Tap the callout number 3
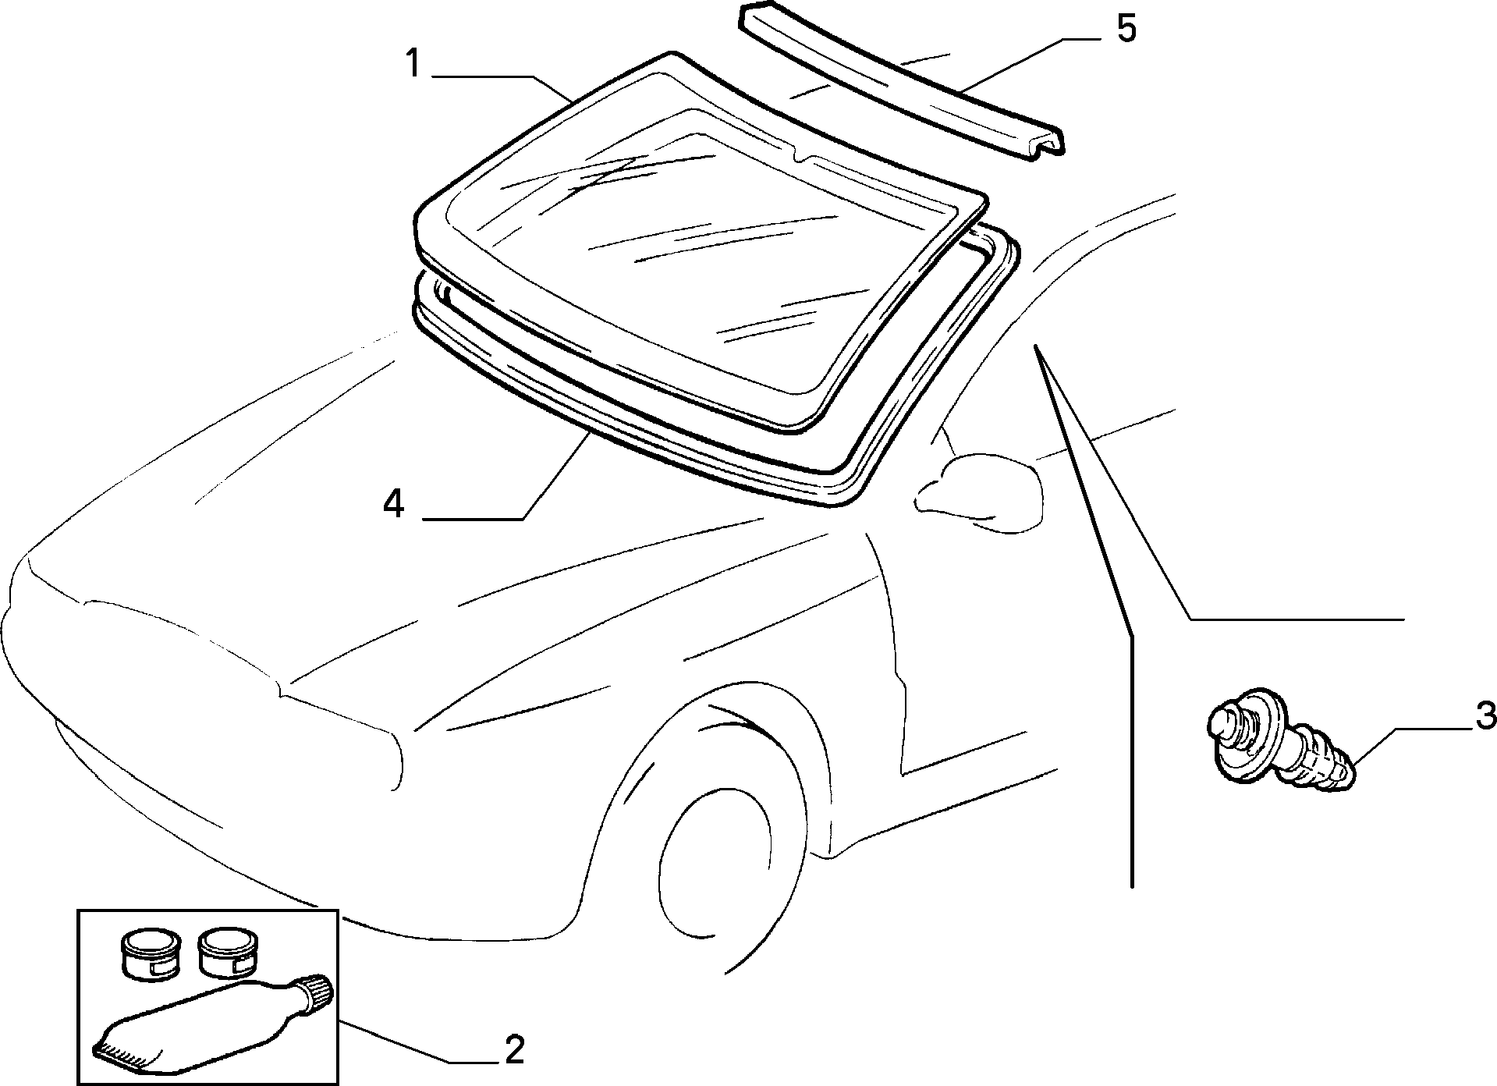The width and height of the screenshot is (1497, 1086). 1485,715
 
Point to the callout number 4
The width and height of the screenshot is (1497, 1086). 394,504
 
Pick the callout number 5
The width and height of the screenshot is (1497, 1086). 1126,29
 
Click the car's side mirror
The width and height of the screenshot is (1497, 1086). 979,493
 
